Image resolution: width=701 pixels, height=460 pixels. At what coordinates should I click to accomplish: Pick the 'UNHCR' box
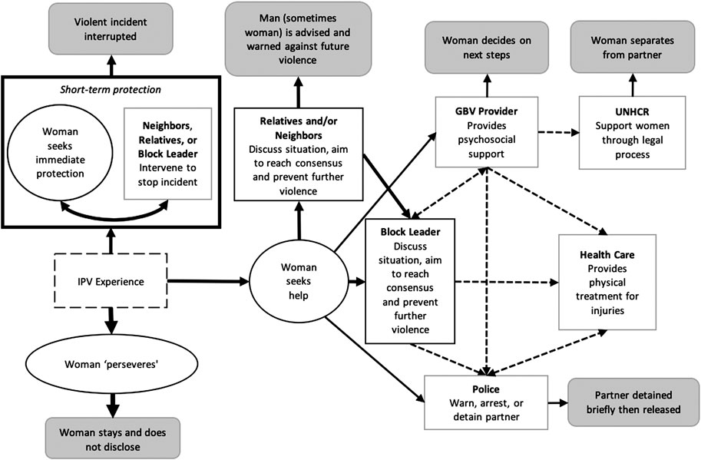click(632, 131)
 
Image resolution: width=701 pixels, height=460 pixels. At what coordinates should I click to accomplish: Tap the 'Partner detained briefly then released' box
click(632, 401)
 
